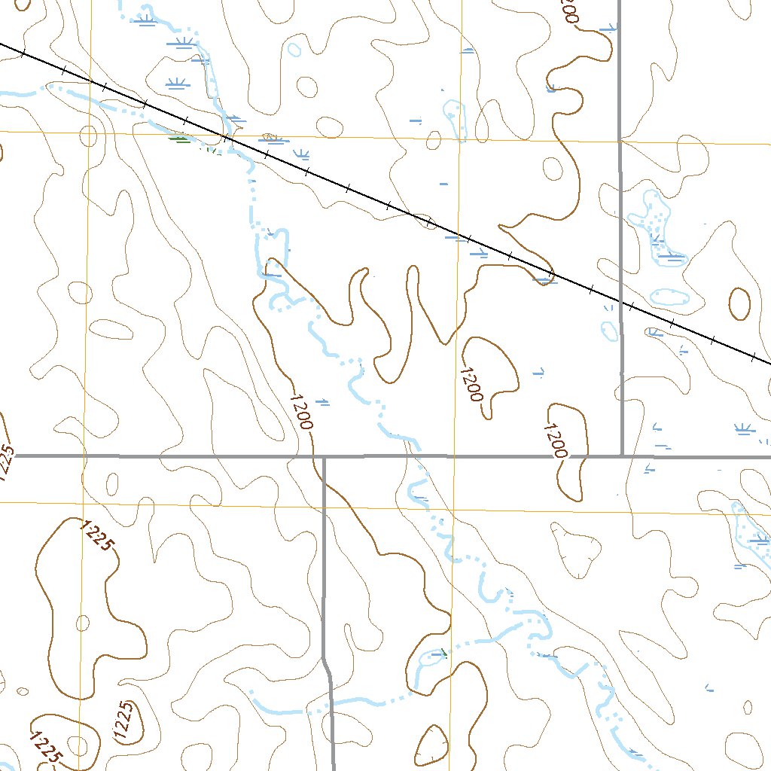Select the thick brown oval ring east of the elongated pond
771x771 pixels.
(739, 303)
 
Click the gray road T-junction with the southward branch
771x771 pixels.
(323, 456)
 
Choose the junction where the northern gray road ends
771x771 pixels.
(622, 455)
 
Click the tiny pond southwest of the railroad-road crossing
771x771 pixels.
(609, 329)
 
